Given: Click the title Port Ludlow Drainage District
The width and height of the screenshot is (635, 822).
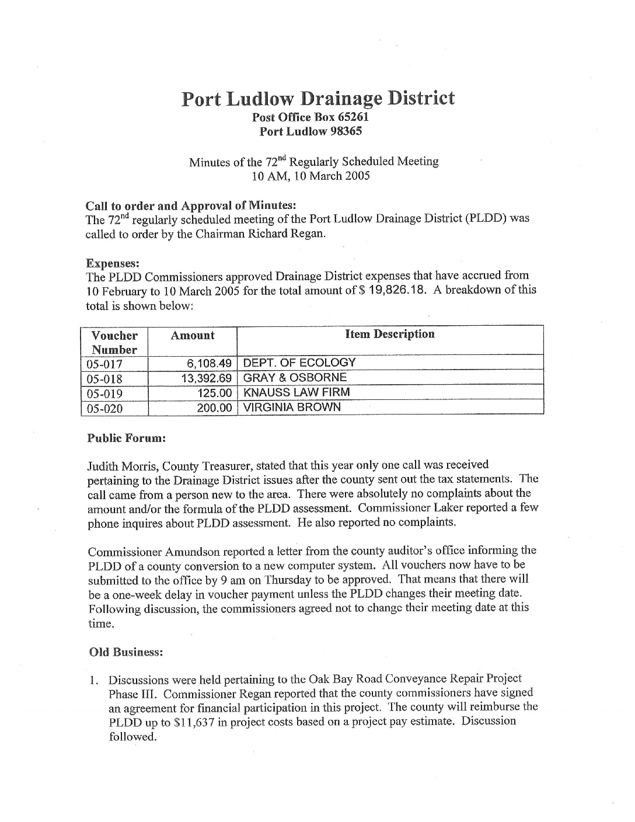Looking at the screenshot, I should [317, 98].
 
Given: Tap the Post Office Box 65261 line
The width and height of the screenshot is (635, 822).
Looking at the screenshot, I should [310, 117].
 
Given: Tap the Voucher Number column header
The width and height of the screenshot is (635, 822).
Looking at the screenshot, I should [114, 343].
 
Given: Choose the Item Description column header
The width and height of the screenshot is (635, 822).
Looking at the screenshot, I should [390, 335].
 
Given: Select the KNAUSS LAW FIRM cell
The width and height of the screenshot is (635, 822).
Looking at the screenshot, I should [296, 392].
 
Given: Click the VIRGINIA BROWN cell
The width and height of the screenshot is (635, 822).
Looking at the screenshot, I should [291, 407].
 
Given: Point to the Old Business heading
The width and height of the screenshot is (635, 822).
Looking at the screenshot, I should [125, 652].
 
